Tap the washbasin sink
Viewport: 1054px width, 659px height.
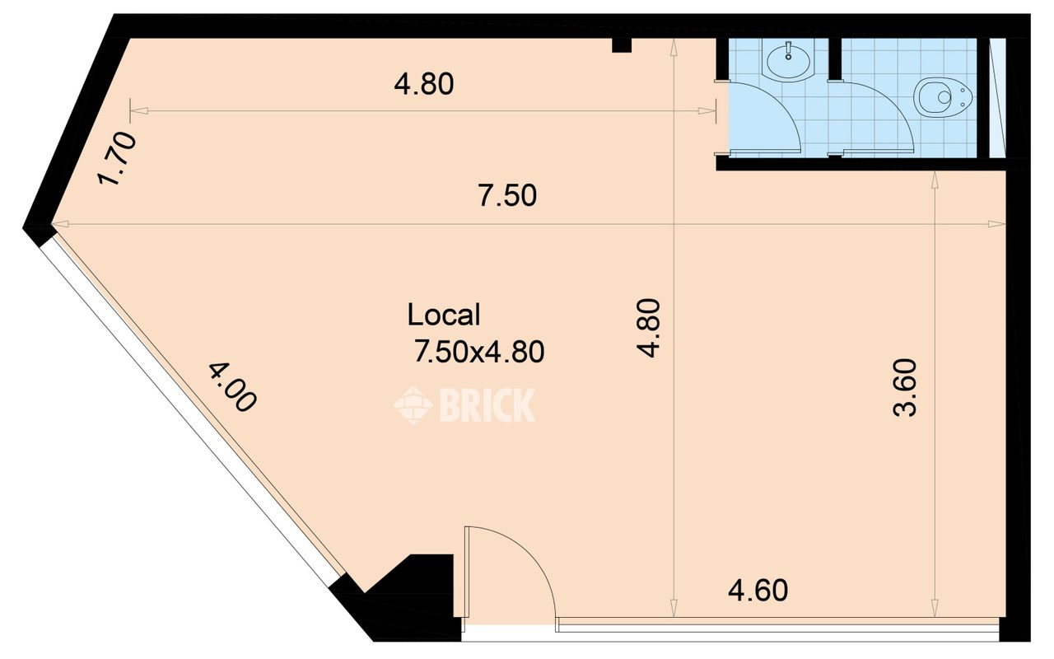click(788, 61)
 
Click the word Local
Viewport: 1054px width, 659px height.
click(444, 315)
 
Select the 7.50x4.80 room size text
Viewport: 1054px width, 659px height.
click(479, 351)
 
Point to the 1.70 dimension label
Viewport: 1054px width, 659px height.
click(117, 158)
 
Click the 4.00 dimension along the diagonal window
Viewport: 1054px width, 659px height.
click(232, 387)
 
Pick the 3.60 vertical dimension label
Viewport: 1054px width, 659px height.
click(905, 388)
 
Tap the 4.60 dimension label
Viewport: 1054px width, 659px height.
click(758, 591)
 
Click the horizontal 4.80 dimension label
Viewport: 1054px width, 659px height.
click(424, 84)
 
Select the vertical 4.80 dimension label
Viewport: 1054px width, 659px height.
click(649, 328)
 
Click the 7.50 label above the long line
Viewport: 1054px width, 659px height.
click(507, 195)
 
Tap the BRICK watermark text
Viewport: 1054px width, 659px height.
click(487, 404)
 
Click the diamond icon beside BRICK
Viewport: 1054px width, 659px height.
click(413, 404)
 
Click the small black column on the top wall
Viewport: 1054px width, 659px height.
click(622, 45)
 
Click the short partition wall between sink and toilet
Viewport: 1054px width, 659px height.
click(835, 58)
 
